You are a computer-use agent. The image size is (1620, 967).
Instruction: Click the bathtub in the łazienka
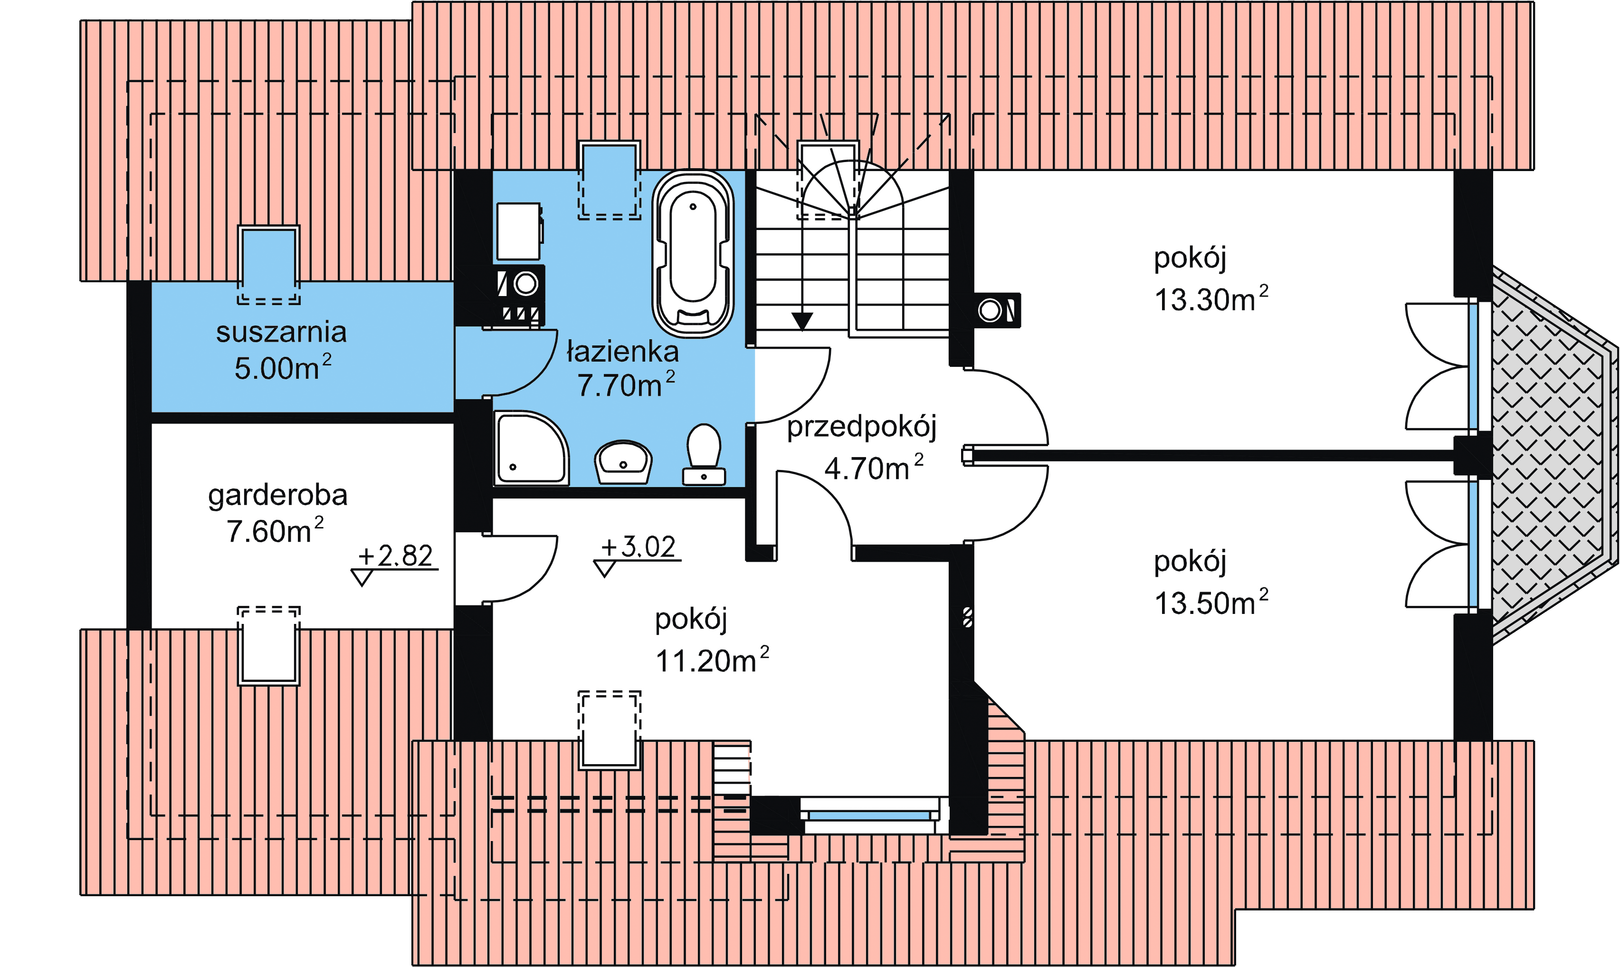click(693, 254)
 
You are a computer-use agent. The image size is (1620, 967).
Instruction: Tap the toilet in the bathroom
click(704, 455)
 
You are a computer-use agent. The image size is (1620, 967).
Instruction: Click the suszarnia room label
click(281, 332)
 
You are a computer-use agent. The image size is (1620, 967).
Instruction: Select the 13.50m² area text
click(1211, 603)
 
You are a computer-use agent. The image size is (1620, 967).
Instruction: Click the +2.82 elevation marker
click(395, 565)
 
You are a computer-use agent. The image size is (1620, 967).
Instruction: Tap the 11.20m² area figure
click(713, 661)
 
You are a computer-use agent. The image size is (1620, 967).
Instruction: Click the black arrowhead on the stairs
click(802, 321)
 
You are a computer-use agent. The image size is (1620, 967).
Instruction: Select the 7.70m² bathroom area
click(626, 385)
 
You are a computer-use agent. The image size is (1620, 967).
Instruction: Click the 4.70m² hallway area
click(874, 468)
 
